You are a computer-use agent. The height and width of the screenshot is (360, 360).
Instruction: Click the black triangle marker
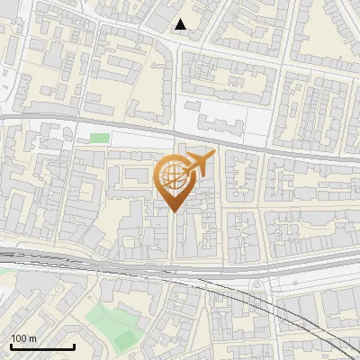pyautogui.click(x=182, y=25)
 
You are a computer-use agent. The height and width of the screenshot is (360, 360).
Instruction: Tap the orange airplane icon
pyautogui.click(x=198, y=165)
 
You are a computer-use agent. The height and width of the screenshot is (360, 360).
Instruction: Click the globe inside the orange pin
pyautogui.click(x=172, y=177)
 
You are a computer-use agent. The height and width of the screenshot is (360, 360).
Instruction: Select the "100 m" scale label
pyautogui.click(x=24, y=338)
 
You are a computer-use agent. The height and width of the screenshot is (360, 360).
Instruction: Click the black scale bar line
pyautogui.click(x=41, y=346)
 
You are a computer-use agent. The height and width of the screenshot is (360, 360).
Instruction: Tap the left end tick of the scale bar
pyautogui.click(x=11, y=345)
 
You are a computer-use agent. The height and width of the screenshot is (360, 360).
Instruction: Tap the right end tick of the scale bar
pyautogui.click(x=74, y=345)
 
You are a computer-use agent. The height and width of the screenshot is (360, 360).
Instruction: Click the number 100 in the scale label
pyautogui.click(x=20, y=338)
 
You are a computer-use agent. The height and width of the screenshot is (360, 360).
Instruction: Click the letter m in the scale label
pyautogui.click(x=33, y=338)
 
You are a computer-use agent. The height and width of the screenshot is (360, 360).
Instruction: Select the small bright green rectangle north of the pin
pyautogui.click(x=100, y=138)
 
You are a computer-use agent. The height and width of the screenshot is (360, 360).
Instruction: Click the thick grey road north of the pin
pyautogui.click(x=135, y=125)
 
